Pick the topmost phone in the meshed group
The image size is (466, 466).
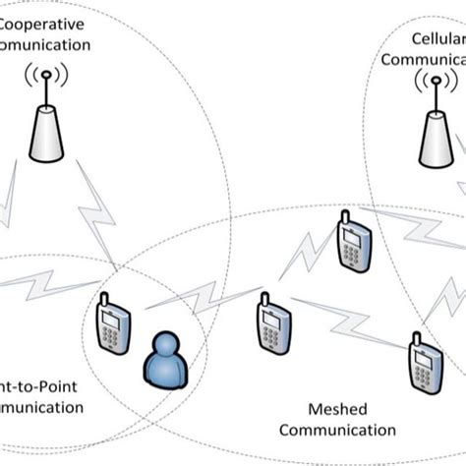tap(351, 244)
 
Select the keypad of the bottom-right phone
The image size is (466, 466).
tap(423, 377)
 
